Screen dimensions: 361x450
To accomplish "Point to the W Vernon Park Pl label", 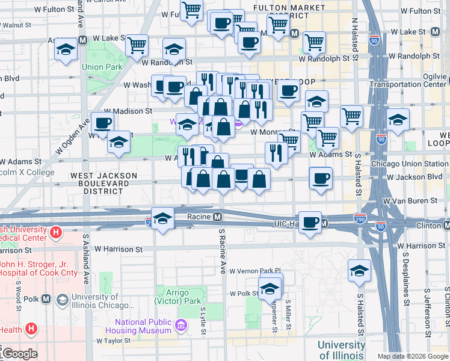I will click(255, 271).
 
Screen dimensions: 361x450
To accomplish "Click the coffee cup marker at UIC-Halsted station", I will click(310, 222).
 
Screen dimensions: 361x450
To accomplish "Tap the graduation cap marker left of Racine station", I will click(162, 218).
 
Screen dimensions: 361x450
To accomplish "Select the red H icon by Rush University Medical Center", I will click(56, 231).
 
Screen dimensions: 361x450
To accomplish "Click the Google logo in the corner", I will click(20, 353).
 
